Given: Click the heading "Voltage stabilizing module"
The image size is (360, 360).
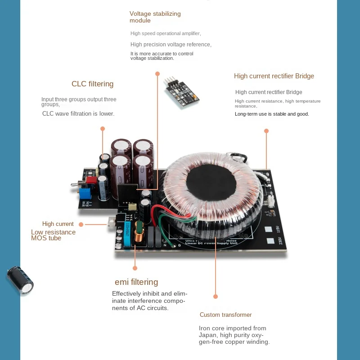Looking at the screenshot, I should point(155,17).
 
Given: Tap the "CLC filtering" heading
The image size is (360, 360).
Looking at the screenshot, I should point(92,84).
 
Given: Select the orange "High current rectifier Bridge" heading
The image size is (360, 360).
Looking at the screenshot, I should point(274,76).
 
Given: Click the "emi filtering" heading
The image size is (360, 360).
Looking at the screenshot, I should point(136,282).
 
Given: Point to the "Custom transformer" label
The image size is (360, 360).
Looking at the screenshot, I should point(225,315).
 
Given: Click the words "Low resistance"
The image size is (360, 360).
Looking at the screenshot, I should point(53,232).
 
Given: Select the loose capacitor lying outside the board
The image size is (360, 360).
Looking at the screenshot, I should point(20,280).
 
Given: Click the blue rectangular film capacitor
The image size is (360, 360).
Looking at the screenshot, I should point(127,234).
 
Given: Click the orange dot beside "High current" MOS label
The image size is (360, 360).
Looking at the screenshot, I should point(81,224).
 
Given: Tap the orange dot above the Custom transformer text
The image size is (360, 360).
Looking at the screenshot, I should point(216,297).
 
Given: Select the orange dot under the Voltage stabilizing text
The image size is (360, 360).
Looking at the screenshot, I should point(157,73).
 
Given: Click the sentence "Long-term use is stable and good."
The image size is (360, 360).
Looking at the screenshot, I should point(272,114).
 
